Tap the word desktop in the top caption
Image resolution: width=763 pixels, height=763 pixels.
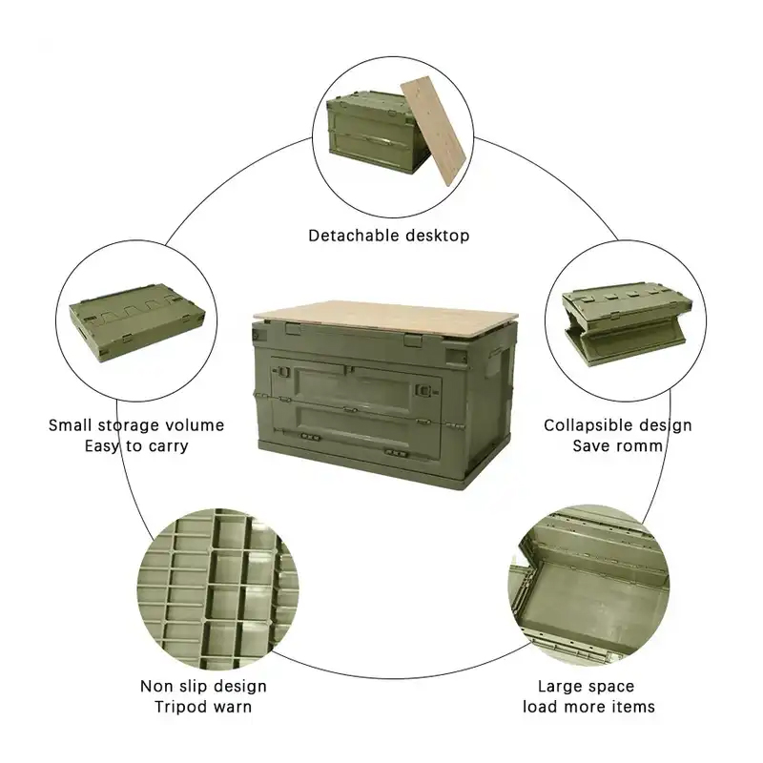(x=438, y=236)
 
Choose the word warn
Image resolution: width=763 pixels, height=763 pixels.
(x=231, y=707)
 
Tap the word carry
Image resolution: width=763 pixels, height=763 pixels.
(x=167, y=446)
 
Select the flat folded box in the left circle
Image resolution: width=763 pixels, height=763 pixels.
(x=136, y=321)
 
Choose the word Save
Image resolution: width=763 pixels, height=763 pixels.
(x=591, y=446)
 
